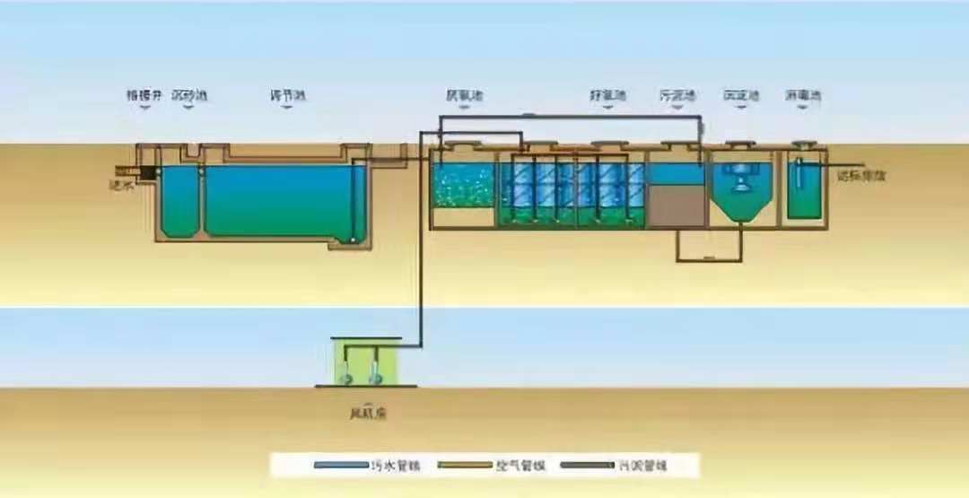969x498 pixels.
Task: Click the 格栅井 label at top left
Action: pyautogui.click(x=142, y=94)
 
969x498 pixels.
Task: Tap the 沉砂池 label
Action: pyautogui.click(x=189, y=94)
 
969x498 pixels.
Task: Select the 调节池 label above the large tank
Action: pyautogui.click(x=287, y=94)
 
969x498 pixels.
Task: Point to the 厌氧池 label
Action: pyautogui.click(x=463, y=94)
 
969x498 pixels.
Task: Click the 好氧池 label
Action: pyautogui.click(x=607, y=94)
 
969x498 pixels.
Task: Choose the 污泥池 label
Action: pyautogui.click(x=678, y=94)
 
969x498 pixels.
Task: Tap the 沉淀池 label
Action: pyautogui.click(x=741, y=94)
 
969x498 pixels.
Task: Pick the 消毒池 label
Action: pyautogui.click(x=803, y=94)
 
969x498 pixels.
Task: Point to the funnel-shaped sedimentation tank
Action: pyautogui.click(x=741, y=193)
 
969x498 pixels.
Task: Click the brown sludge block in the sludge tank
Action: pyautogui.click(x=677, y=205)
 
